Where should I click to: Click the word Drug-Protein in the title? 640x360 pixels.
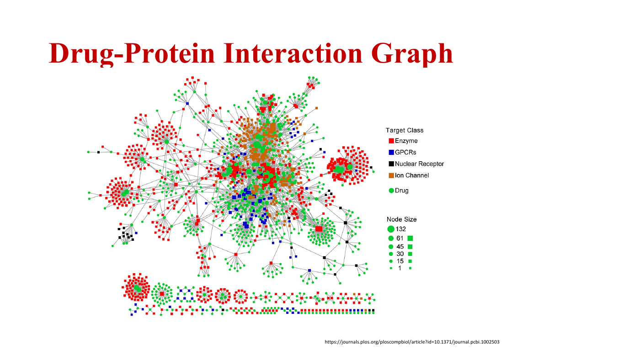click(x=132, y=53)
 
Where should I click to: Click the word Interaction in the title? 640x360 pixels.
click(x=293, y=53)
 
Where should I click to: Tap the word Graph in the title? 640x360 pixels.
click(x=412, y=54)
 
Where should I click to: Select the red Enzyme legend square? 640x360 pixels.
click(x=391, y=141)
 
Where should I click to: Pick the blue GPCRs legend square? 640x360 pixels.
click(x=391, y=153)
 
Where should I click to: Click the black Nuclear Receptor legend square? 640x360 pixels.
click(x=391, y=164)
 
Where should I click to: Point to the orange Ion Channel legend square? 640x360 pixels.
click(x=391, y=175)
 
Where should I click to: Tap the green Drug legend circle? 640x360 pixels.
click(x=391, y=191)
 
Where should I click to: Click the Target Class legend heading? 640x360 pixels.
click(x=404, y=130)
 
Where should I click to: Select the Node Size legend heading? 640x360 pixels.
click(x=401, y=219)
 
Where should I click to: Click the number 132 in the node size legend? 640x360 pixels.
click(x=400, y=229)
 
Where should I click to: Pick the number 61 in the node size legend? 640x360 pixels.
click(x=400, y=238)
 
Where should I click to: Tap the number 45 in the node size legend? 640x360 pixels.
click(x=400, y=247)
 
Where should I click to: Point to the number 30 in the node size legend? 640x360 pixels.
click(x=400, y=254)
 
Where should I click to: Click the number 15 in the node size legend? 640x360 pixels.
click(x=400, y=261)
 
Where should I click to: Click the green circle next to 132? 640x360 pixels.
click(x=391, y=229)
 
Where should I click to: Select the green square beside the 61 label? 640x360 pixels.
click(x=410, y=238)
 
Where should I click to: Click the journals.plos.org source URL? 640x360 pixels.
click(x=412, y=342)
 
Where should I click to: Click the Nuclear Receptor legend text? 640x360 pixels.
click(x=419, y=164)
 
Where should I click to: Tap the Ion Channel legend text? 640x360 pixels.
click(x=412, y=175)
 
